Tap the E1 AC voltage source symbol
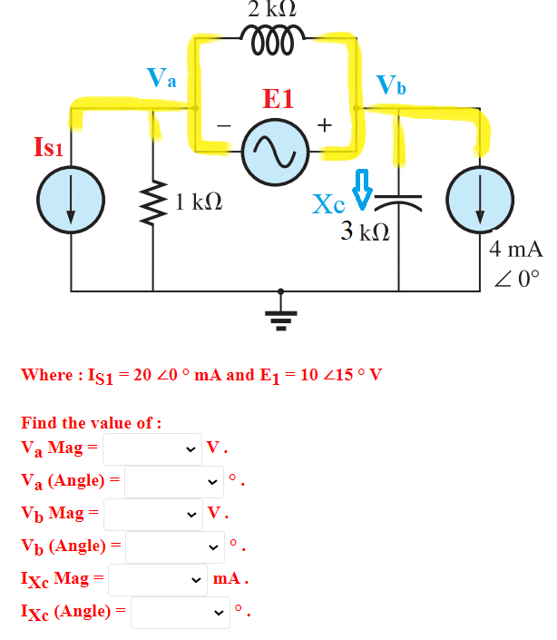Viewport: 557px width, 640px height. (278, 153)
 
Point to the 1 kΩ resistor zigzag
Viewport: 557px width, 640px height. (151, 202)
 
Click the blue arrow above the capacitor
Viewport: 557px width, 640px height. (360, 189)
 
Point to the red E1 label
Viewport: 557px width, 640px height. (278, 99)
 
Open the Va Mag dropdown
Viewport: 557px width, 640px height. (151, 448)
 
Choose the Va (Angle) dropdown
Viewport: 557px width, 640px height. (173, 481)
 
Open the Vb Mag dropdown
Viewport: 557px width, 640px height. (151, 514)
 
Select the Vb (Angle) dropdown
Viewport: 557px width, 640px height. (173, 546)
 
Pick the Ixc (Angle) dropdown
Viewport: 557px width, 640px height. (179, 613)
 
